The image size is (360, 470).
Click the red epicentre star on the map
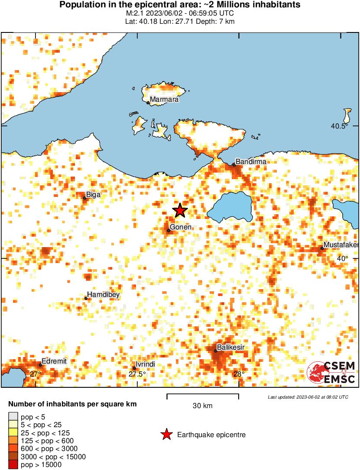pyautogui.click(x=180, y=210)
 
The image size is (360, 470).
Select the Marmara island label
pyautogui.click(x=164, y=100)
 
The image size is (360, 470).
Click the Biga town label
pyautogui.click(x=94, y=195)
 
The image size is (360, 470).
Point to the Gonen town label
pyautogui.click(x=181, y=227)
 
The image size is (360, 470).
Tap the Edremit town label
pyautogui.click(x=55, y=361)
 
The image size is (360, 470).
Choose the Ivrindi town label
pyautogui.click(x=146, y=364)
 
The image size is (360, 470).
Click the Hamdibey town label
pyautogui.click(x=103, y=295)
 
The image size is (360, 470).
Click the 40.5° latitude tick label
pyautogui.click(x=339, y=126)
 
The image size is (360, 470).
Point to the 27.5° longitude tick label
pyautogui.click(x=137, y=374)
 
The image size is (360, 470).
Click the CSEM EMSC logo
pyautogui.click(x=331, y=372)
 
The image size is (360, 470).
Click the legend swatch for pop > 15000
pyautogui.click(x=13, y=465)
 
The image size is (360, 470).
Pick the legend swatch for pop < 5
pyautogui.click(x=13, y=416)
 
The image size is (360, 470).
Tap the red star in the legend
pyautogui.click(x=166, y=435)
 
